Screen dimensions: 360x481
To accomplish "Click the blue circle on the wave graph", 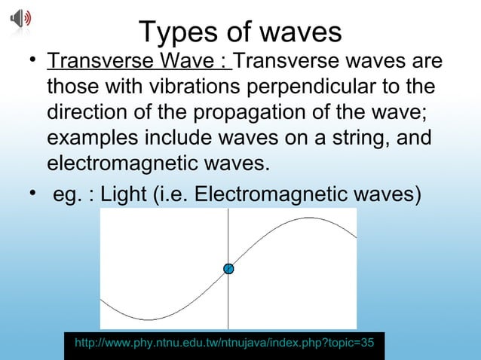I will click(228, 269).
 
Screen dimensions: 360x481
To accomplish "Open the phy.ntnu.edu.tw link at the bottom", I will click(224, 343).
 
